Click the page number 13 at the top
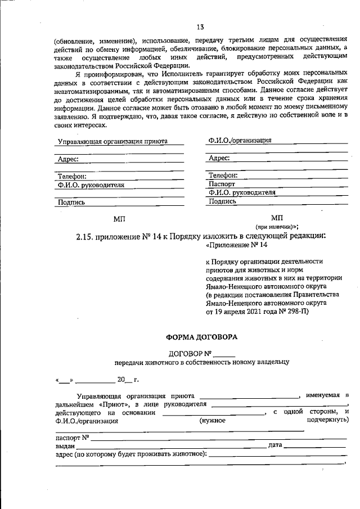tap(200, 27)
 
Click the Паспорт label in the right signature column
tap(222, 183)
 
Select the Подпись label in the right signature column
tap(222, 201)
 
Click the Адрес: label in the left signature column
tap(68, 159)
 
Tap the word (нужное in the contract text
tap(213, 420)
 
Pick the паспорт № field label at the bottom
tap(73, 437)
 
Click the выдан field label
tap(66, 445)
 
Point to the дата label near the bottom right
tap(276, 445)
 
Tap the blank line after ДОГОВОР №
tap(224, 354)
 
